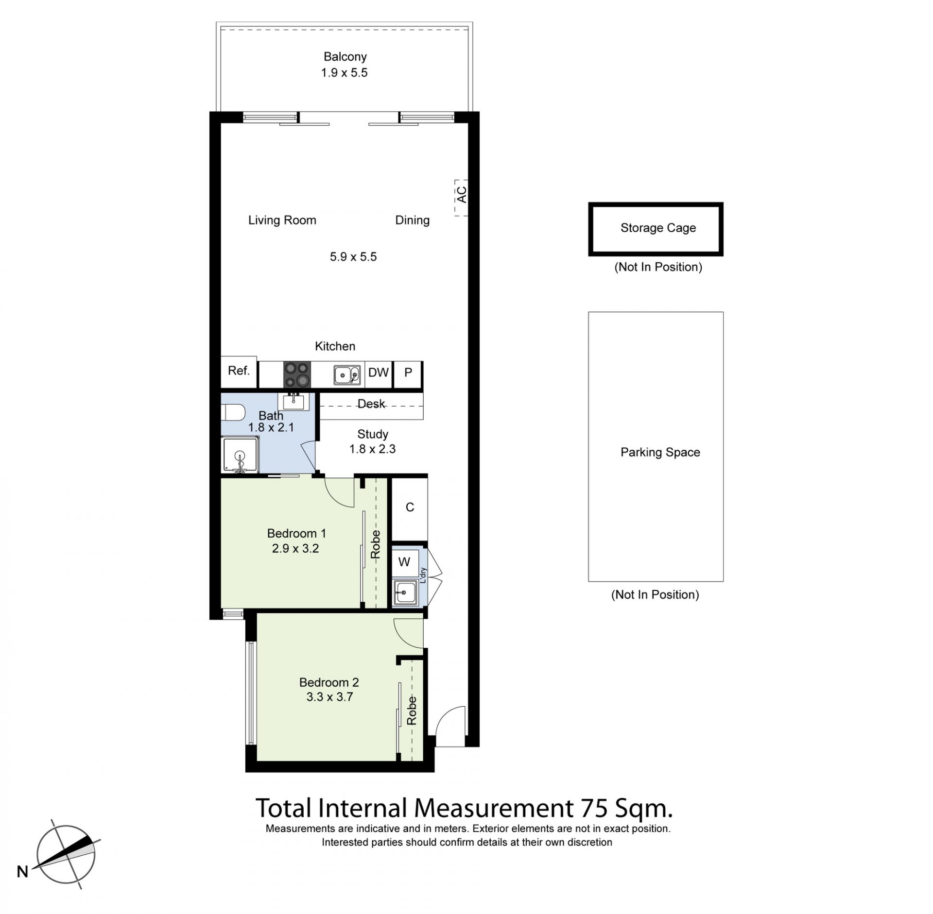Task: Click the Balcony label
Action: click(x=345, y=57)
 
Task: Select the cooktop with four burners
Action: click(x=297, y=374)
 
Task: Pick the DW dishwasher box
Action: click(x=379, y=374)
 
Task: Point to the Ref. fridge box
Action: click(x=239, y=372)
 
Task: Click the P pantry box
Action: click(x=408, y=374)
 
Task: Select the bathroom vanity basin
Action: click(x=293, y=401)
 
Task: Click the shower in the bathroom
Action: click(x=240, y=455)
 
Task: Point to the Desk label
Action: click(x=371, y=404)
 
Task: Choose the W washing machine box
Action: click(x=404, y=562)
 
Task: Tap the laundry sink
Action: click(x=405, y=592)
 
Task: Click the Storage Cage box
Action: click(x=656, y=229)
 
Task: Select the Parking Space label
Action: click(x=660, y=452)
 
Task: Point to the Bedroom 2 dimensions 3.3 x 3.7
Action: click(x=329, y=697)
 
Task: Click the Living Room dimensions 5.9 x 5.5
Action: click(x=353, y=256)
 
